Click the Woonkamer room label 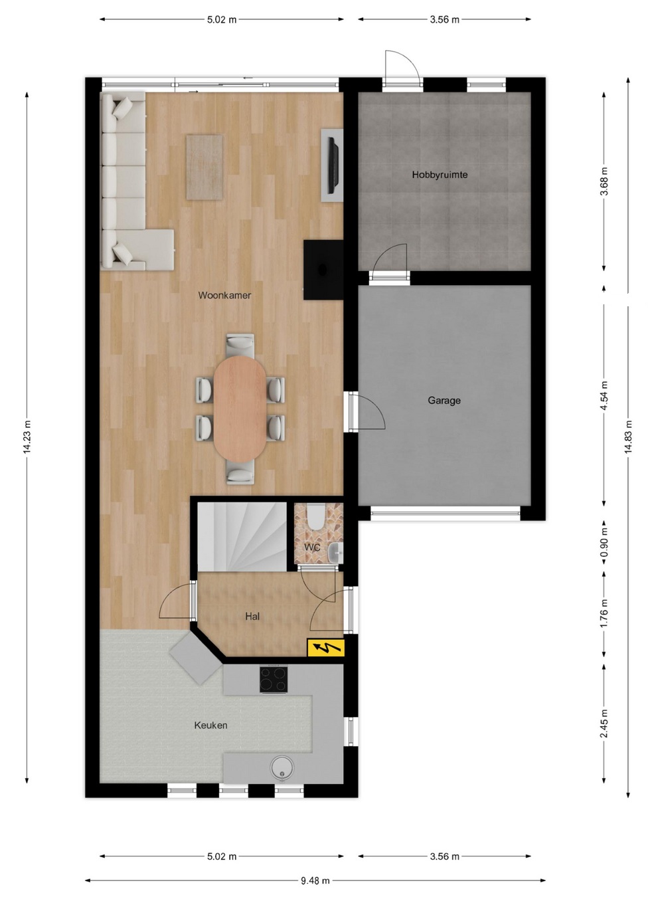pyautogui.click(x=224, y=295)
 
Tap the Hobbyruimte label pyautogui.click(x=440, y=175)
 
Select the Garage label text pyautogui.click(x=444, y=401)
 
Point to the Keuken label pyautogui.click(x=210, y=725)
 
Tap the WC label pyautogui.click(x=312, y=547)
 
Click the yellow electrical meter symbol pyautogui.click(x=325, y=648)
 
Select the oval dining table pyautogui.click(x=239, y=409)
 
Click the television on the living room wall pyautogui.click(x=333, y=165)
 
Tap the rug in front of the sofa pyautogui.click(x=204, y=167)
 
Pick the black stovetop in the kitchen pyautogui.click(x=274, y=679)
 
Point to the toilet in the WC pyautogui.click(x=315, y=517)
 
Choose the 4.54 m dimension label pyautogui.click(x=604, y=396)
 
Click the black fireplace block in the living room pyautogui.click(x=323, y=270)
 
